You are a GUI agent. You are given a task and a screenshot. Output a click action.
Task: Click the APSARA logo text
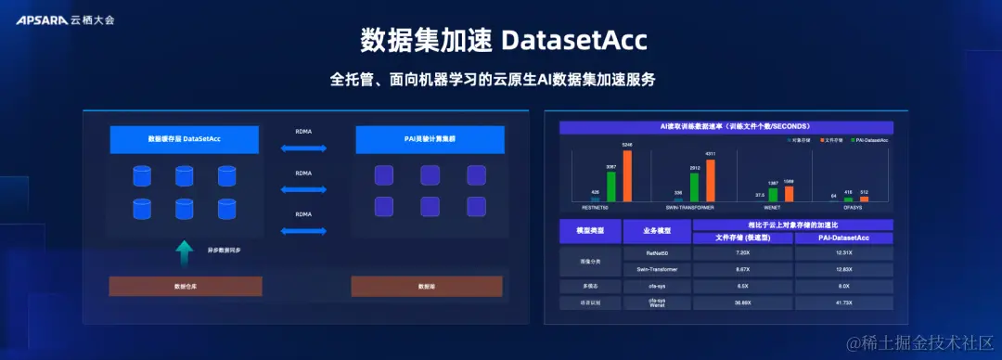[x=41, y=19]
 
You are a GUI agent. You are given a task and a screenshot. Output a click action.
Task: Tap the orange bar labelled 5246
[x=626, y=175]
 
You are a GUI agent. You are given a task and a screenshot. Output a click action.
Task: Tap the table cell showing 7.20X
[x=742, y=252]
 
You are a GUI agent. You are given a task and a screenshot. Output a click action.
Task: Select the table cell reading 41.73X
[x=844, y=302]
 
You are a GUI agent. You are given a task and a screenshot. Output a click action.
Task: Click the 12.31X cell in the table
[x=844, y=252]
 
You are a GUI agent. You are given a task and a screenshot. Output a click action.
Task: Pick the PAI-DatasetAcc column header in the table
[x=844, y=238]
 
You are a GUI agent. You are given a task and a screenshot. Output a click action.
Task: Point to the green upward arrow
[x=185, y=251]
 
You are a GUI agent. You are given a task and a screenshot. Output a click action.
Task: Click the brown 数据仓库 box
[x=186, y=286]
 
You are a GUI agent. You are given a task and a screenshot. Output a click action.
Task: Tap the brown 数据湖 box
[x=427, y=286]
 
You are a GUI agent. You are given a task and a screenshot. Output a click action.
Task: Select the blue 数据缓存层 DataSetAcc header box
[x=185, y=139]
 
